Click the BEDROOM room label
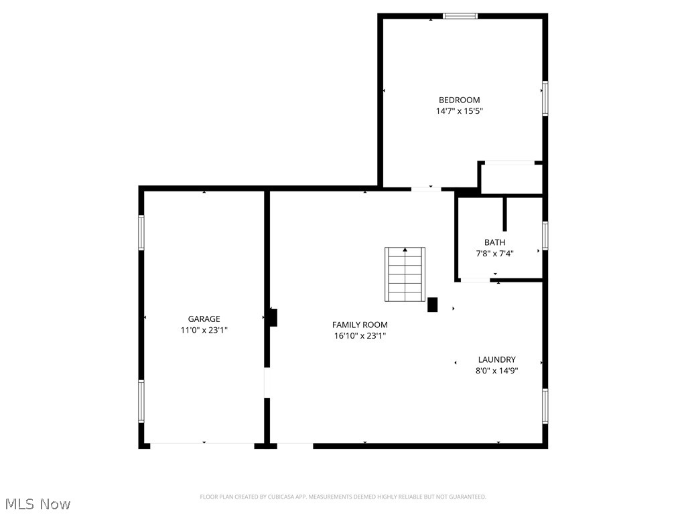(459, 100)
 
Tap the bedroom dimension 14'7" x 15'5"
(459, 111)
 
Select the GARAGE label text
(204, 319)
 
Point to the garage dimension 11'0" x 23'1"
(204, 330)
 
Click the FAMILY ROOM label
(360, 325)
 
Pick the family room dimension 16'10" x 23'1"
(360, 336)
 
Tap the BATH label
(495, 242)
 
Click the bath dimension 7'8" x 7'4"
(495, 254)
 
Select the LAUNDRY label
(496, 359)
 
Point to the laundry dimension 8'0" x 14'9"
(496, 370)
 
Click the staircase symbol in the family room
(405, 274)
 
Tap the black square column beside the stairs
(433, 305)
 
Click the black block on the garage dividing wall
(273, 317)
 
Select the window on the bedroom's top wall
(460, 16)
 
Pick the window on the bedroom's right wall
(545, 98)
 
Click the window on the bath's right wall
(545, 236)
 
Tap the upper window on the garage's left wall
(141, 232)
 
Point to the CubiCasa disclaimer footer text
(343, 497)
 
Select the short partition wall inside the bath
(505, 214)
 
